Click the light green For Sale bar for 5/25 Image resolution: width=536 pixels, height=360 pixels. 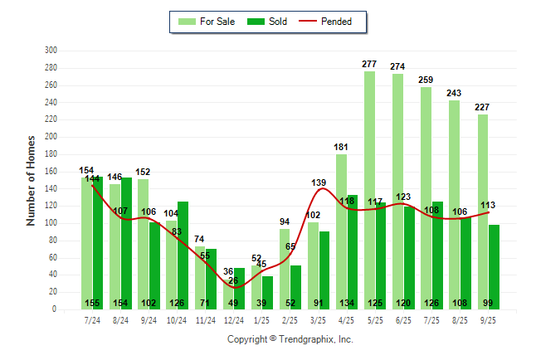click(369, 190)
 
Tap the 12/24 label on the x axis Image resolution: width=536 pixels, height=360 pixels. click(233, 319)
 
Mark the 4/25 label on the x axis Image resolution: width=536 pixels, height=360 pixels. click(347, 319)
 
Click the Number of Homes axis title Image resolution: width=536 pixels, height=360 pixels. click(31, 180)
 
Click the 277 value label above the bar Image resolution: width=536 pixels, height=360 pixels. click(370, 64)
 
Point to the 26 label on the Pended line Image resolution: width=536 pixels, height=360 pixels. click(234, 280)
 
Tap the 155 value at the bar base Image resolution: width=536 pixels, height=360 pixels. click(92, 303)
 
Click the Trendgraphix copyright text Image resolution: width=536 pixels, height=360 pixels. click(290, 339)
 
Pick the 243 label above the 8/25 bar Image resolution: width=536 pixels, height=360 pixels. click(454, 93)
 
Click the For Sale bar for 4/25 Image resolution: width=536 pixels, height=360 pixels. click(341, 231)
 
